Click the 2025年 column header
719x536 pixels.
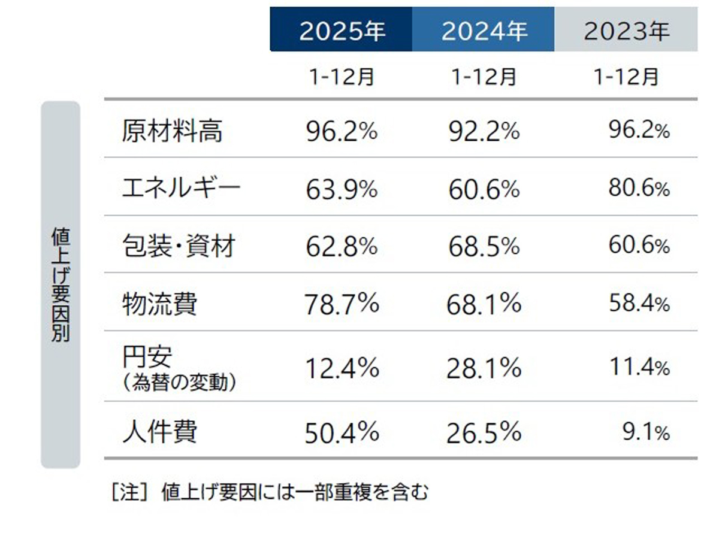341,31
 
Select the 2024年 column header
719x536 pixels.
484,31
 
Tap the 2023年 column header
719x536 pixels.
626,31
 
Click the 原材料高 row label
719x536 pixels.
171,131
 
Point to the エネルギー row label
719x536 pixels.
181,189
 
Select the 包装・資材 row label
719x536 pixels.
178,246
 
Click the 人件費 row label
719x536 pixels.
159,432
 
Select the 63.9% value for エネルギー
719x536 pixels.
342,190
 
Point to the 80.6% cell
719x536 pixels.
639,190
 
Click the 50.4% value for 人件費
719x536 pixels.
342,432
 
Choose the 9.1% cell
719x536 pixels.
646,432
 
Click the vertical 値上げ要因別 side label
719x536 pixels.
60,284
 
